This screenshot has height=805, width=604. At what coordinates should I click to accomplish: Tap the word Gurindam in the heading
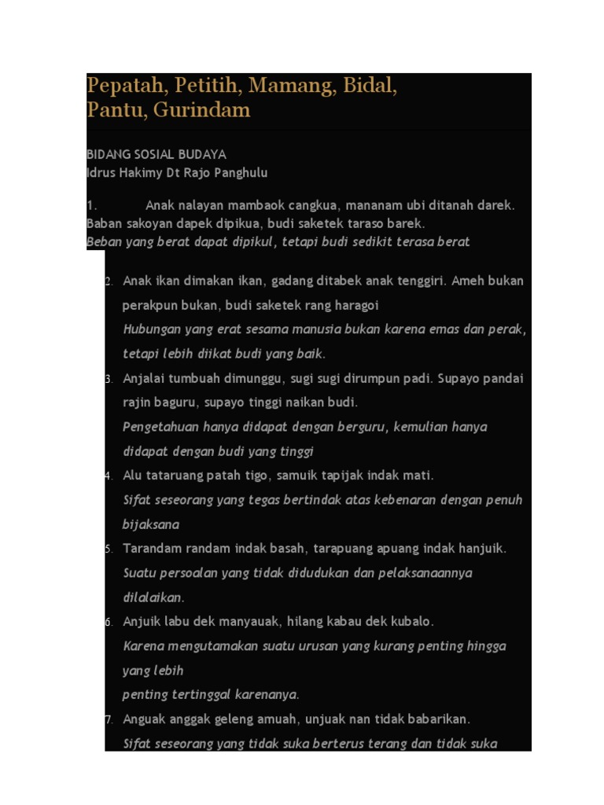pos(201,110)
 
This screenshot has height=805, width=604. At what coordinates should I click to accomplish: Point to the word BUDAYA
pos(201,155)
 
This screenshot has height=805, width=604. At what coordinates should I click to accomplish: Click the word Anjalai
pos(145,379)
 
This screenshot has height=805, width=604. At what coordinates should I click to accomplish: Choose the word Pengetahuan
pos(160,428)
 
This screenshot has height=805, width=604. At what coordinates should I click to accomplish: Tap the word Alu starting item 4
pos(131,476)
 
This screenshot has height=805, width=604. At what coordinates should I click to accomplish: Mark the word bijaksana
pos(151,524)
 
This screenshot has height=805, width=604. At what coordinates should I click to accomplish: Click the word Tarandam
pos(153,549)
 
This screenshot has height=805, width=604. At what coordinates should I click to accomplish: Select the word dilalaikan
pos(153,597)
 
